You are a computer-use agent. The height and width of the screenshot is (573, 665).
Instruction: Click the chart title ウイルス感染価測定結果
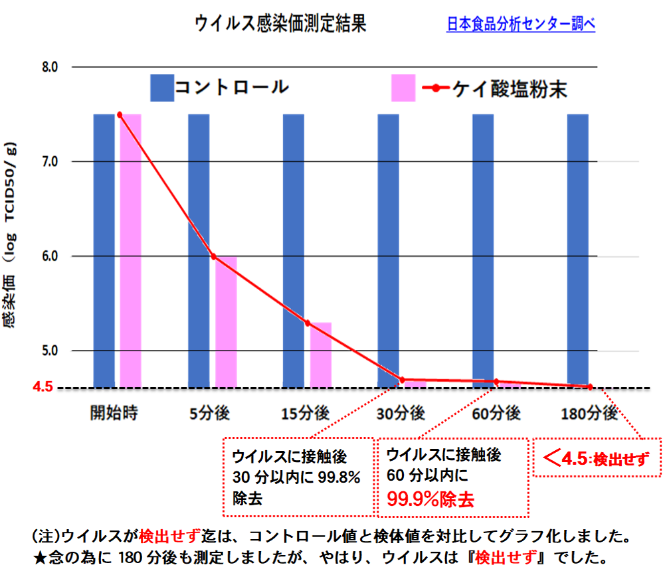280,25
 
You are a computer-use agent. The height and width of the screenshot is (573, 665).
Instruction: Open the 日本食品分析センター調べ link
521,25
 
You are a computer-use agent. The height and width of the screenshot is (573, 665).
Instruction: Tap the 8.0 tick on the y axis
50,67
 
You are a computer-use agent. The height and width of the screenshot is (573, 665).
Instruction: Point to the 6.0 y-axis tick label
50,256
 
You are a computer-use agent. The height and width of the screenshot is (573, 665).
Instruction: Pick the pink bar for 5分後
226,321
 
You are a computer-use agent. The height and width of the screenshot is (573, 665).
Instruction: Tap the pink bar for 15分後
321,355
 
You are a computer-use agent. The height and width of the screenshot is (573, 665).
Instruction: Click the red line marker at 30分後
402,380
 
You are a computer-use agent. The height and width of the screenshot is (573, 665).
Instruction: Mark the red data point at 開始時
120,115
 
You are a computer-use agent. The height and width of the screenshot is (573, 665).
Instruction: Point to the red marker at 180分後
589,386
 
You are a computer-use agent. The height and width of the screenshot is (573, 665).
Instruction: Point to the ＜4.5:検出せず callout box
597,457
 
